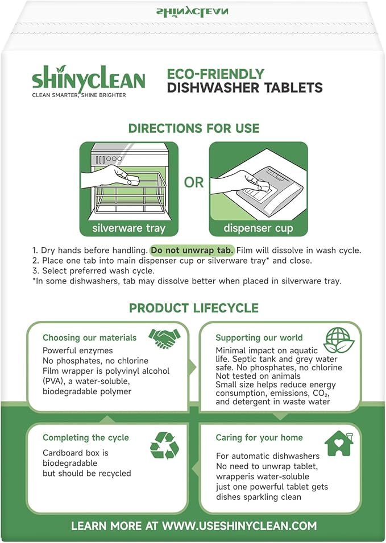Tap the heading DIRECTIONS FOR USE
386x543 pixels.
pyautogui.click(x=193, y=128)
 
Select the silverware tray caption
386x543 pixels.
pyautogui.click(x=129, y=228)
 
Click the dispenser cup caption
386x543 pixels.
pyautogui.click(x=258, y=228)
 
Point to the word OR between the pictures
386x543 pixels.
pyautogui.click(x=193, y=182)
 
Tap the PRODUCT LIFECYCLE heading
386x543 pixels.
pyautogui.click(x=193, y=308)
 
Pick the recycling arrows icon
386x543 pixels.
pyautogui.click(x=164, y=445)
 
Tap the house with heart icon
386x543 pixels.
pyautogui.click(x=339, y=443)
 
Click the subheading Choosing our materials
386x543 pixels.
pyautogui.click(x=89, y=337)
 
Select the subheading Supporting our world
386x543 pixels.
pyautogui.click(x=259, y=337)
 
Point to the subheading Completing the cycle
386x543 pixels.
pyautogui.click(x=85, y=437)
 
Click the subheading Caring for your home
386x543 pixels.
pyautogui.click(x=259, y=437)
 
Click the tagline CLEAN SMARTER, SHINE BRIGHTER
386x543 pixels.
pyautogui.click(x=78, y=95)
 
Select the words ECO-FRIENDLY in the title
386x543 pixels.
pyautogui.click(x=215, y=74)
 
